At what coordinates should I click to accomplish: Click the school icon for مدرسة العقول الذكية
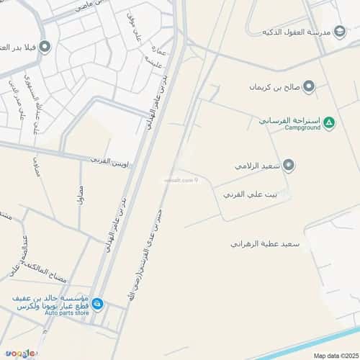340,32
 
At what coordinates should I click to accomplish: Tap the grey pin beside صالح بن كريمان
309,87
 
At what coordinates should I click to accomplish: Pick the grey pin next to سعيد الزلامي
289,166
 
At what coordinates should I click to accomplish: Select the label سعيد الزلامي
256,166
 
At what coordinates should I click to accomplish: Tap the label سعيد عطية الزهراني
264,245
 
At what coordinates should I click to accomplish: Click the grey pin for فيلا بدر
45,48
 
